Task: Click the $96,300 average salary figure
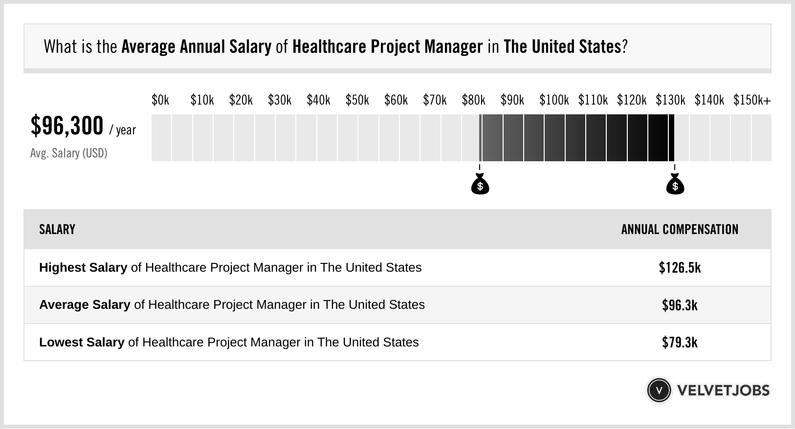pyautogui.click(x=67, y=126)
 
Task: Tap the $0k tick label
pyautogui.click(x=160, y=100)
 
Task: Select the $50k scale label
pyautogui.click(x=357, y=100)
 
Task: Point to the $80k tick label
pyautogui.click(x=473, y=100)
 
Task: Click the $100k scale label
pyautogui.click(x=554, y=100)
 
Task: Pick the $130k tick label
pyautogui.click(x=670, y=100)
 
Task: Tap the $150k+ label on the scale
pyautogui.click(x=752, y=100)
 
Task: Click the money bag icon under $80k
pyautogui.click(x=480, y=184)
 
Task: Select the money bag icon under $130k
pyautogui.click(x=675, y=184)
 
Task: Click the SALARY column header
pyautogui.click(x=57, y=230)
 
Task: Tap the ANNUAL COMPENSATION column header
pyautogui.click(x=680, y=230)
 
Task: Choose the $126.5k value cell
pyautogui.click(x=680, y=268)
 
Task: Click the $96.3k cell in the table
pyautogui.click(x=680, y=305)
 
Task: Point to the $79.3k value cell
pyautogui.click(x=680, y=343)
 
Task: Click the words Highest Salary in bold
pyautogui.click(x=83, y=268)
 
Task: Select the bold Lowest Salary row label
pyautogui.click(x=82, y=343)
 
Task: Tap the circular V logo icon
pyautogui.click(x=659, y=390)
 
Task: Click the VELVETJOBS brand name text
pyautogui.click(x=723, y=390)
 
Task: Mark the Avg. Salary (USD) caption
pyautogui.click(x=69, y=153)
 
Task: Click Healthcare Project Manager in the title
pyautogui.click(x=387, y=47)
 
